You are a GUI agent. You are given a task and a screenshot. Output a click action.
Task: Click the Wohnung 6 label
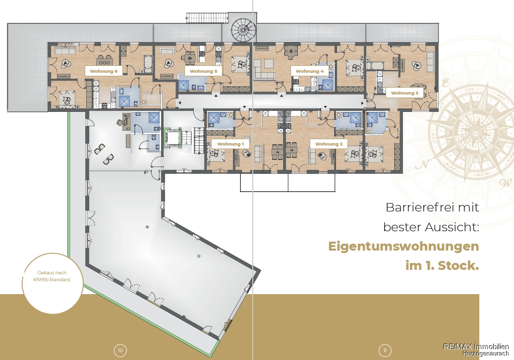[x=104, y=71]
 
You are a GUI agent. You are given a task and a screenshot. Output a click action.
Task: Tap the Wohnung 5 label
[x=203, y=71]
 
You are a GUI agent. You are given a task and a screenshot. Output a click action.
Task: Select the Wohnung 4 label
[x=309, y=71]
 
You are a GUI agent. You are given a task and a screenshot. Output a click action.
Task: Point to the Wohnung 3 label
[x=404, y=93]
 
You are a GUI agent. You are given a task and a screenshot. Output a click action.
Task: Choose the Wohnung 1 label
[x=230, y=144]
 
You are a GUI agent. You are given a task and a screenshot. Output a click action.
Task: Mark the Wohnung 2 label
[x=329, y=144]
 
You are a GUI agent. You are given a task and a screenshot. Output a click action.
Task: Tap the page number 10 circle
[x=120, y=351]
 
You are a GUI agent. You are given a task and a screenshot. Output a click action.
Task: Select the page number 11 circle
[x=385, y=351]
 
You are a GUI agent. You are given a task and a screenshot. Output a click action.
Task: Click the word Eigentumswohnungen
[x=403, y=247]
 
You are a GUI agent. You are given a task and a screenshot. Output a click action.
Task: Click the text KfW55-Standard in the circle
[x=52, y=280]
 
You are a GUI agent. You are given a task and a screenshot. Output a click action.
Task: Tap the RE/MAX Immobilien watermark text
[x=476, y=347]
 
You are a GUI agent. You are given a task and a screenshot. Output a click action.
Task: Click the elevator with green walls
[x=173, y=138]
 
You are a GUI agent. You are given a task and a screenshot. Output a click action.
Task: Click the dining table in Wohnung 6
[x=104, y=61]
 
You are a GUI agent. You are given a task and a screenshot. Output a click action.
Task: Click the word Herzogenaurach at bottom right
[x=486, y=354]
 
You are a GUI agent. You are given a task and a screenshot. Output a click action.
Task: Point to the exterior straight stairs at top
[x=207, y=18]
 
